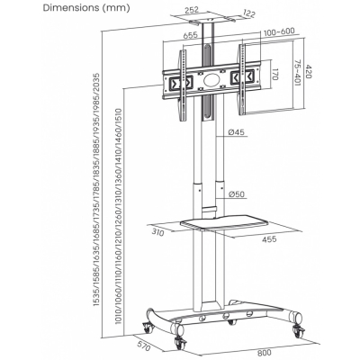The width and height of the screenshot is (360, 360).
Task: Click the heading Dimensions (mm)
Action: [86, 8]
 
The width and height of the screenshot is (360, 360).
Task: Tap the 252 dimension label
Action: [192, 9]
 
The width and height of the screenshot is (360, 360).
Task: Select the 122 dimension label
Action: [249, 13]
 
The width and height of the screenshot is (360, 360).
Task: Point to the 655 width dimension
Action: [190, 35]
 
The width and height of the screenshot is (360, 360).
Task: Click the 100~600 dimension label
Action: [279, 31]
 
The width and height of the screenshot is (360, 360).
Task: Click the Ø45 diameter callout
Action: [237, 131]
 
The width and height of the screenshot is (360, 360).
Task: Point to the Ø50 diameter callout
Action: [237, 194]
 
